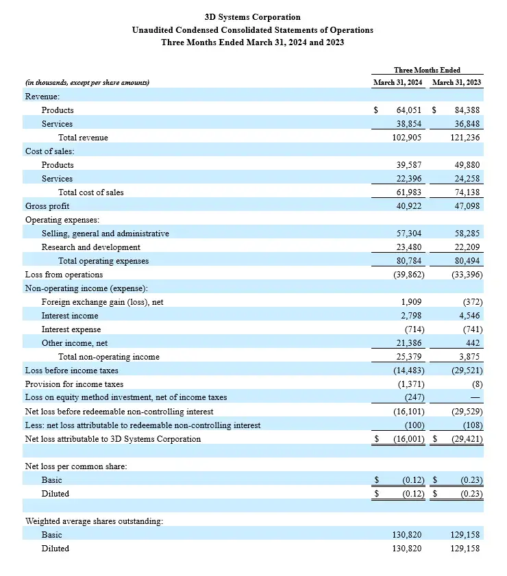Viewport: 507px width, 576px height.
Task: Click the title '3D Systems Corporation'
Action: coord(253,17)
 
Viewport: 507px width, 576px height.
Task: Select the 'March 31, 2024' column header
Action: coord(398,83)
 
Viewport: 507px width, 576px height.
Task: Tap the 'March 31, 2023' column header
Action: coord(456,83)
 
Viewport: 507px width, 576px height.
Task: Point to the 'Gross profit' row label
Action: coord(47,206)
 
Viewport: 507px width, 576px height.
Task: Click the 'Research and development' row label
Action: coord(90,247)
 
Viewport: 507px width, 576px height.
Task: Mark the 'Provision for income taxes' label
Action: coord(74,384)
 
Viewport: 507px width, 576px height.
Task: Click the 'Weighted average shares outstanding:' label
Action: coord(94,521)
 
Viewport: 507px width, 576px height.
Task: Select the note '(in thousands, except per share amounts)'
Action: coord(87,83)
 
